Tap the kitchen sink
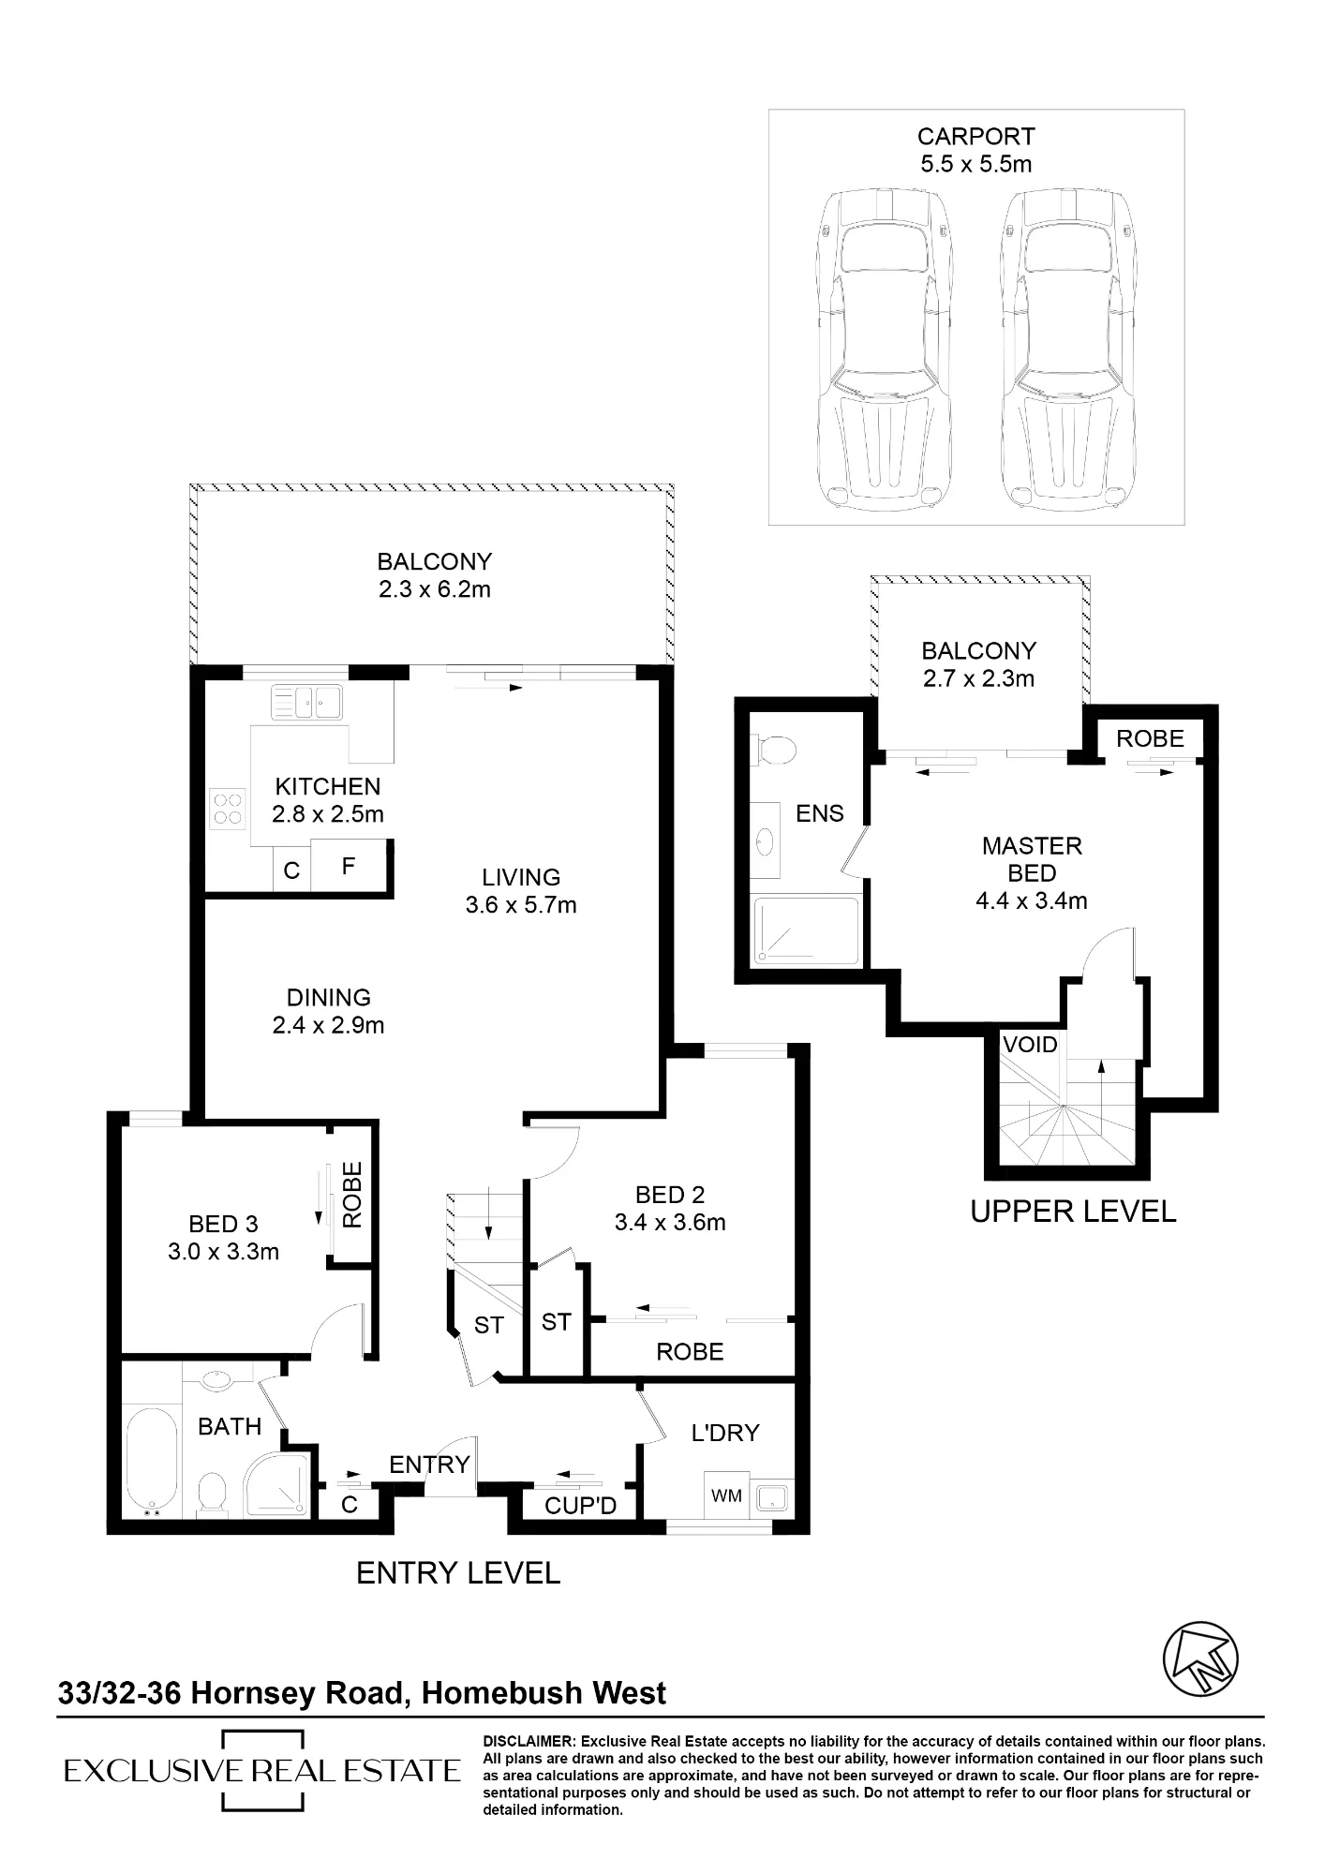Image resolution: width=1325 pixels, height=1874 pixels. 307,701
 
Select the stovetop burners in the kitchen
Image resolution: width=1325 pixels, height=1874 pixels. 228,809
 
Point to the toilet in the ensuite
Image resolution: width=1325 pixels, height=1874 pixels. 774,749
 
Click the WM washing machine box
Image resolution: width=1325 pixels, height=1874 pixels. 727,1496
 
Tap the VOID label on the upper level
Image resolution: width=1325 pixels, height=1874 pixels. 1030,1045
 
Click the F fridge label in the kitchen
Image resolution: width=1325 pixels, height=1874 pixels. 349,867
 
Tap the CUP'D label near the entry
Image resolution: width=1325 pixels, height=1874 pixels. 581,1505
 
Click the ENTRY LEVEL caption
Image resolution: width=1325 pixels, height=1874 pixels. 458,1573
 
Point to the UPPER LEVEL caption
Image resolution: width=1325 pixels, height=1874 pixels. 1073,1212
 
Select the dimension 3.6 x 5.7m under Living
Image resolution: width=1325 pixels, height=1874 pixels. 521,905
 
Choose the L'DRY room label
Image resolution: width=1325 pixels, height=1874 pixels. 725,1433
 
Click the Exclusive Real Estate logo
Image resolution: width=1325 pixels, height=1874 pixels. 262,1771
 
